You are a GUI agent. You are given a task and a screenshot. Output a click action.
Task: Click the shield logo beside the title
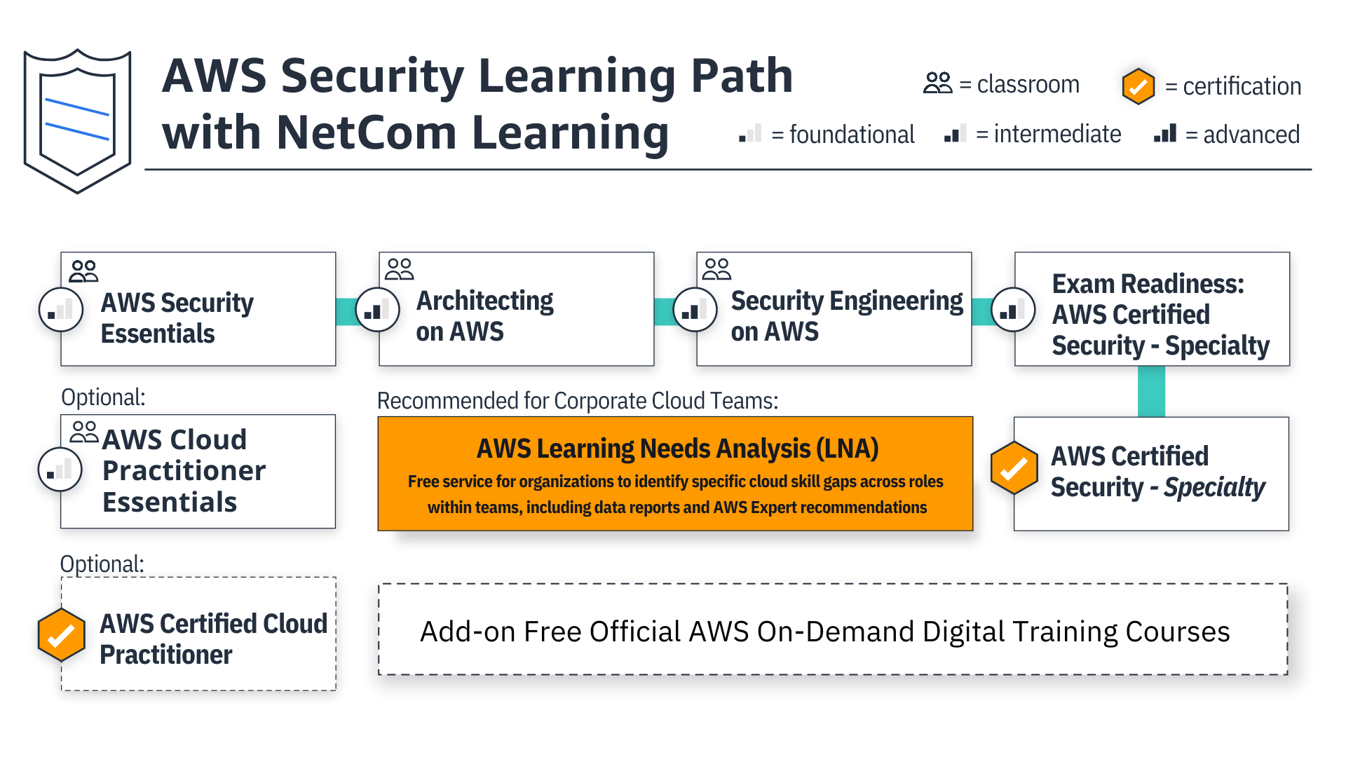click(77, 121)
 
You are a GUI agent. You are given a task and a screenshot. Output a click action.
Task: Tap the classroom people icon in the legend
click(937, 83)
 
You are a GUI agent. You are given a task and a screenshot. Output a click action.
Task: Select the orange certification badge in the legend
click(1138, 86)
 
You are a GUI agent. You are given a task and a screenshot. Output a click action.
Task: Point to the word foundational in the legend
click(851, 135)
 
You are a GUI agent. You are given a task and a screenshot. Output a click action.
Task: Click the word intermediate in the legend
click(1056, 134)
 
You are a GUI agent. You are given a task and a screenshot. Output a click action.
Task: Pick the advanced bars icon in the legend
click(1164, 134)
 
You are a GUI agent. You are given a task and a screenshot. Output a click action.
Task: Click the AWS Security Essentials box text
click(177, 318)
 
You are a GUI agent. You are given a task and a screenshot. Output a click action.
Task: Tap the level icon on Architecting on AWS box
click(377, 309)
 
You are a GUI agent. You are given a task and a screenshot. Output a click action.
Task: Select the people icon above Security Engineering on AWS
click(716, 269)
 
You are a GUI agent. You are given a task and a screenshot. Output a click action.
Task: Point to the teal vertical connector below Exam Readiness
click(1151, 392)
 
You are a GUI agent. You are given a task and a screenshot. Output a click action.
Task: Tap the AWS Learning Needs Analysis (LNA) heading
click(677, 449)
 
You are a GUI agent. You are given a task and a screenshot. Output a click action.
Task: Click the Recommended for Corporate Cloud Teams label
click(578, 401)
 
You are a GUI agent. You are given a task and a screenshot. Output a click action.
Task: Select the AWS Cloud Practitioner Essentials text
click(183, 470)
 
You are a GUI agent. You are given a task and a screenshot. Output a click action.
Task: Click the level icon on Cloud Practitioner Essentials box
click(60, 470)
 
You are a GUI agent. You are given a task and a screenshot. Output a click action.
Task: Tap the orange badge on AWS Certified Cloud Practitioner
click(62, 635)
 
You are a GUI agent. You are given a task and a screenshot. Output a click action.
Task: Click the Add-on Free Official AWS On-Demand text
click(824, 632)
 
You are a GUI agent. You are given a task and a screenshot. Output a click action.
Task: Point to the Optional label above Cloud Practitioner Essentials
click(103, 397)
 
